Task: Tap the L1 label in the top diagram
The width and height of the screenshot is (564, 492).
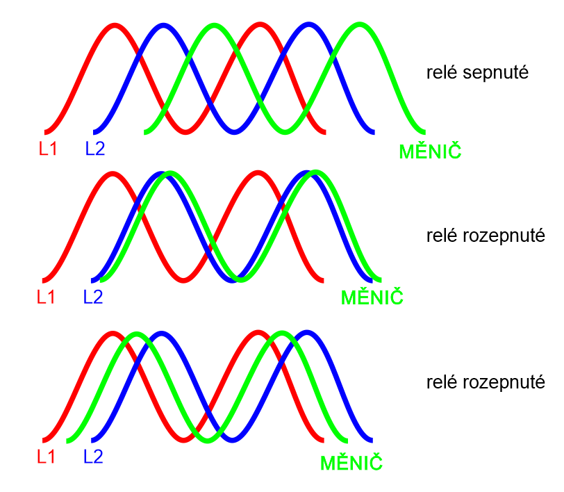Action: [48, 149]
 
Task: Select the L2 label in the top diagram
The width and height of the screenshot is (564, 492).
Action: [95, 149]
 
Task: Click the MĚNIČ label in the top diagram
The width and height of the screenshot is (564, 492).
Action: [431, 150]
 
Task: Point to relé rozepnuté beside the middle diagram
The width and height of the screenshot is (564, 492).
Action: [486, 236]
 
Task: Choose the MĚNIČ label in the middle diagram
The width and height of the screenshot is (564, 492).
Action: [372, 297]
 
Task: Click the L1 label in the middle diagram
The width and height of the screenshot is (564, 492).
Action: [46, 297]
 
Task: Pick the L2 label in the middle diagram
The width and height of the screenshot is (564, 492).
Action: [93, 297]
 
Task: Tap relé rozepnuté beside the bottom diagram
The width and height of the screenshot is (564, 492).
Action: [486, 383]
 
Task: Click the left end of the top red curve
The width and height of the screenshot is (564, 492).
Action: [47, 131]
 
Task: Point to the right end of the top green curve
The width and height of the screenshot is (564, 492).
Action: [422, 131]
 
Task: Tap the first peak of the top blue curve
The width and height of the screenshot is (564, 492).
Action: [163, 26]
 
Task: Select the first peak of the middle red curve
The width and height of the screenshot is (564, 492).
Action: [113, 173]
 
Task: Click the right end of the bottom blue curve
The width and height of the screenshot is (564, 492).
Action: [372, 439]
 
